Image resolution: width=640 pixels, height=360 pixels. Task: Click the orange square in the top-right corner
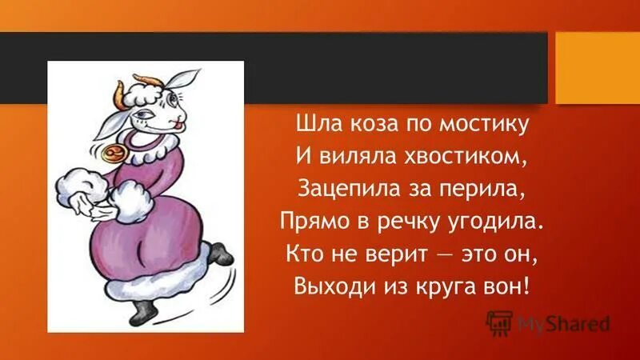[x=597, y=67]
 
